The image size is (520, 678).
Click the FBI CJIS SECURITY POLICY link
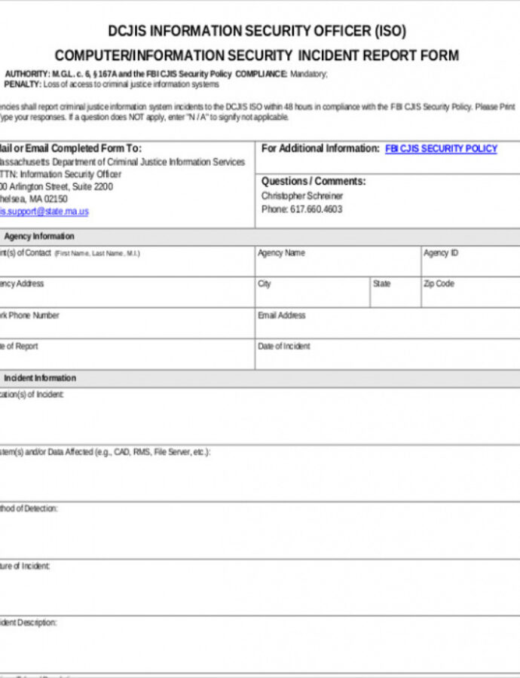click(x=441, y=149)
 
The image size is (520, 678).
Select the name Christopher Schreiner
click(x=301, y=196)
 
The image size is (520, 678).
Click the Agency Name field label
click(x=281, y=253)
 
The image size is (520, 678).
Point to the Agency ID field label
click(x=441, y=253)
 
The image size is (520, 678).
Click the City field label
click(x=265, y=284)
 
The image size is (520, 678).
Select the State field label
click(x=382, y=284)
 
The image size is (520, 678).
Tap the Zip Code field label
click(x=439, y=284)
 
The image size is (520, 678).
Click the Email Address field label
click(x=281, y=316)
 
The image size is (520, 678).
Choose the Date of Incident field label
click(x=283, y=347)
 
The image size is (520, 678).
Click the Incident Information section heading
click(x=40, y=378)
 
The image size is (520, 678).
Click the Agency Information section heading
click(x=39, y=237)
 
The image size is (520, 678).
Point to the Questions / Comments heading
click(x=313, y=182)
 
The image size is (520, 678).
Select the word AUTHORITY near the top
click(x=27, y=75)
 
